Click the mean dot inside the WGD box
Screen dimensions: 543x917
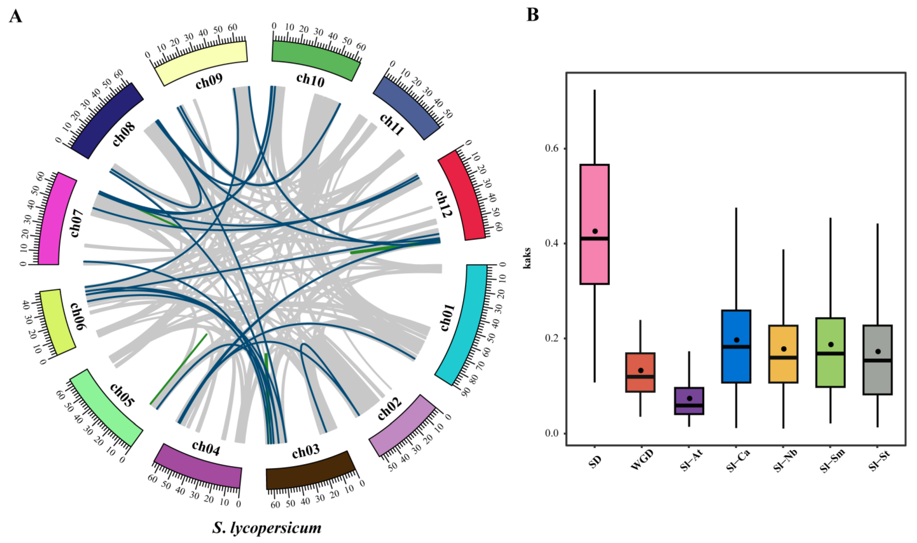click(641, 370)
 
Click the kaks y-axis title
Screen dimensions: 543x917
click(527, 258)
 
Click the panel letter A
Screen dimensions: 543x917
click(15, 17)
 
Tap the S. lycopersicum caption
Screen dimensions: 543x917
click(267, 528)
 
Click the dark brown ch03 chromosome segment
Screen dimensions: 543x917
click(309, 472)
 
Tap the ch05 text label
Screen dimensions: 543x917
click(122, 395)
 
